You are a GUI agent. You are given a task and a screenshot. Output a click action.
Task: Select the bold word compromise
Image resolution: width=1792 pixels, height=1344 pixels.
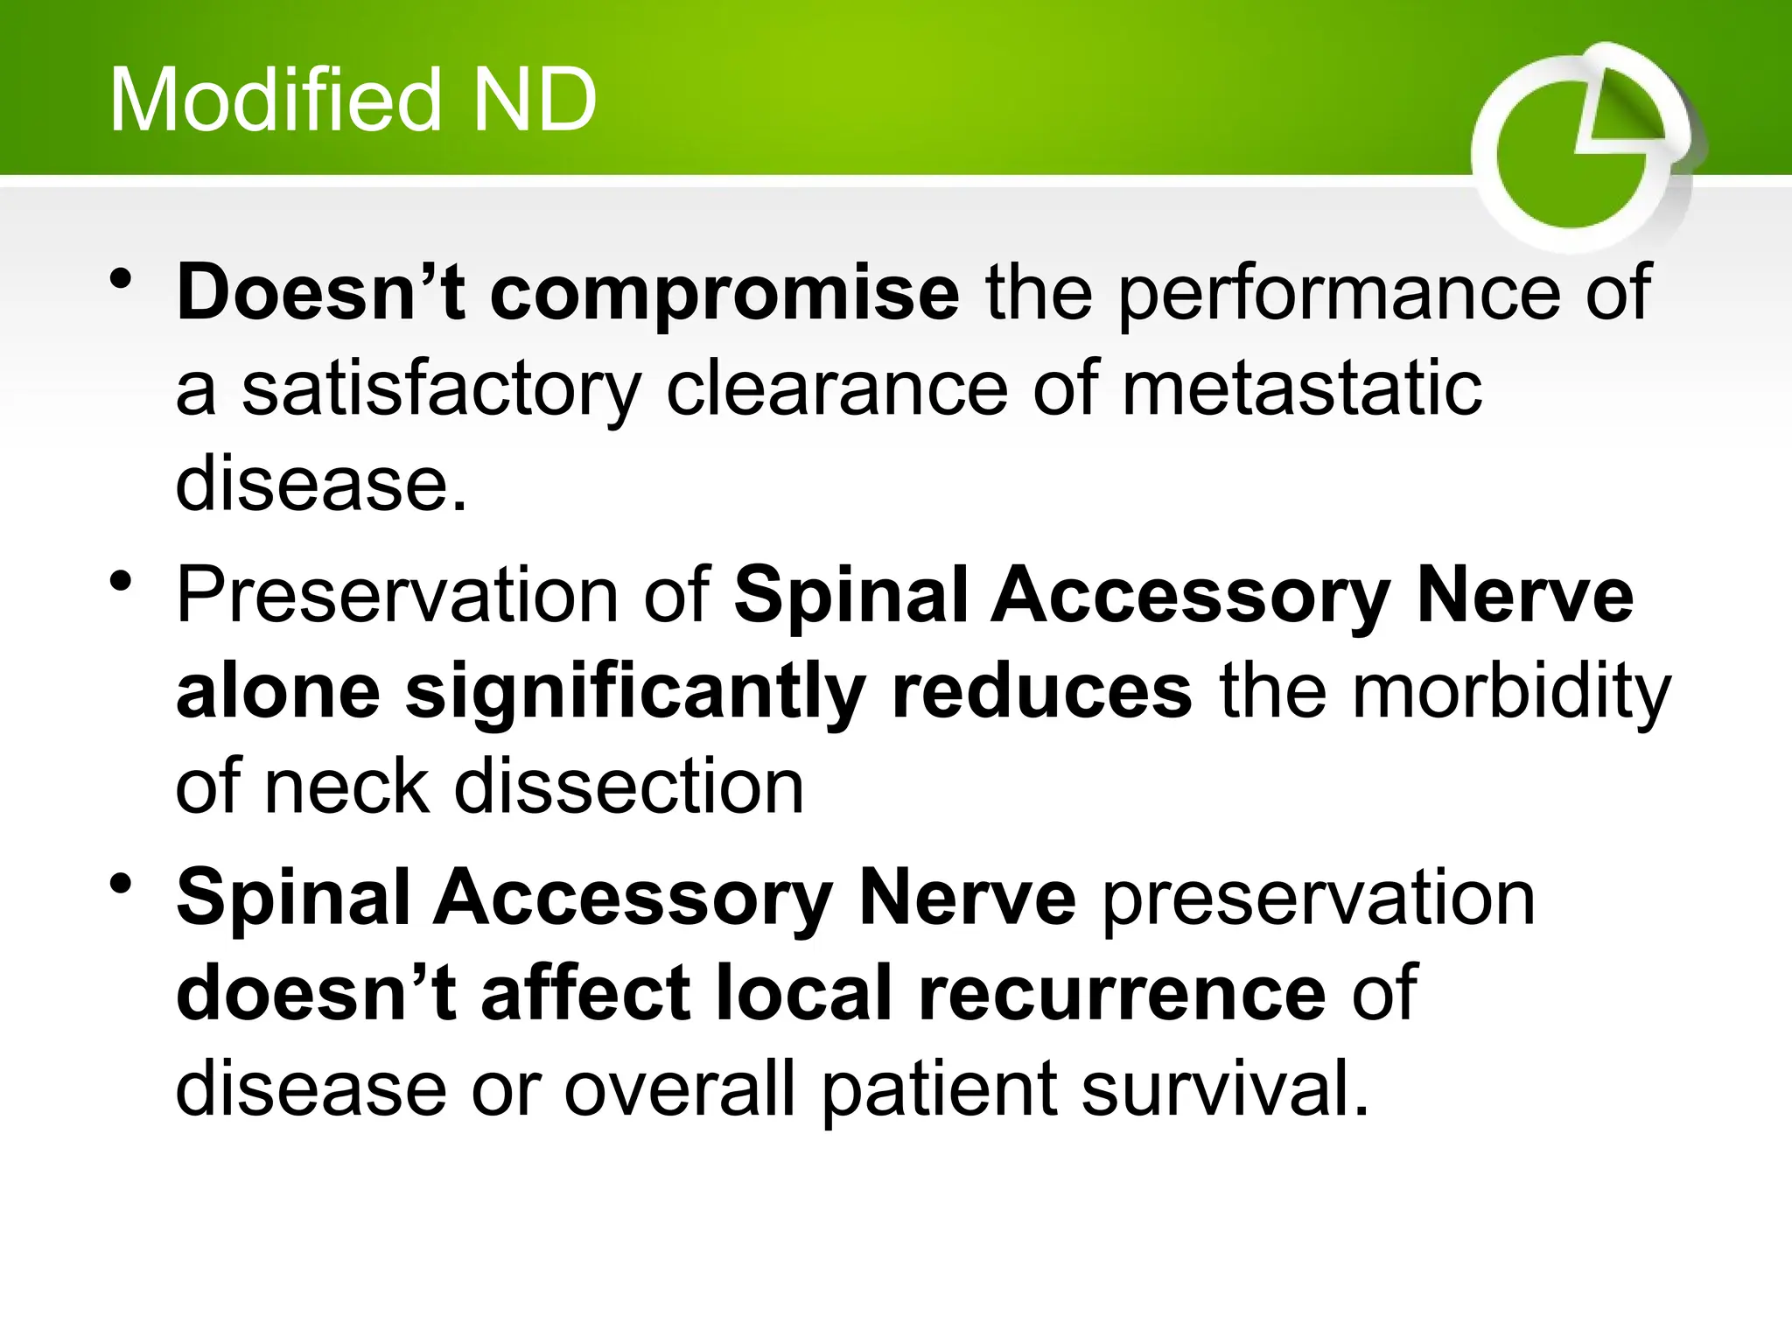pyautogui.click(x=724, y=293)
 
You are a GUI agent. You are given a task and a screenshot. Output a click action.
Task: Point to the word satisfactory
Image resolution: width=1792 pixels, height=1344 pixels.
pyautogui.click(x=441, y=389)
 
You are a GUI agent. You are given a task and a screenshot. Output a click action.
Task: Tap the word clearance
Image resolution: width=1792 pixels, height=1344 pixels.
pyautogui.click(x=836, y=389)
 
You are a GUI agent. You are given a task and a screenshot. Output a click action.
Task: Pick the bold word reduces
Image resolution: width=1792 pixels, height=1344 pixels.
pyautogui.click(x=1041, y=691)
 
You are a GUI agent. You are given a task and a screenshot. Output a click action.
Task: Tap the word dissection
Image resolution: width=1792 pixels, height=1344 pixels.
pyautogui.click(x=628, y=787)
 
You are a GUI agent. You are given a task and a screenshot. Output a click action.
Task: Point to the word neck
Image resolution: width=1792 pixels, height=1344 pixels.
pyautogui.click(x=346, y=787)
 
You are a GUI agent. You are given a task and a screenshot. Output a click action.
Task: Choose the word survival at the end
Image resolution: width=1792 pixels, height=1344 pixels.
pyautogui.click(x=1223, y=1089)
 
